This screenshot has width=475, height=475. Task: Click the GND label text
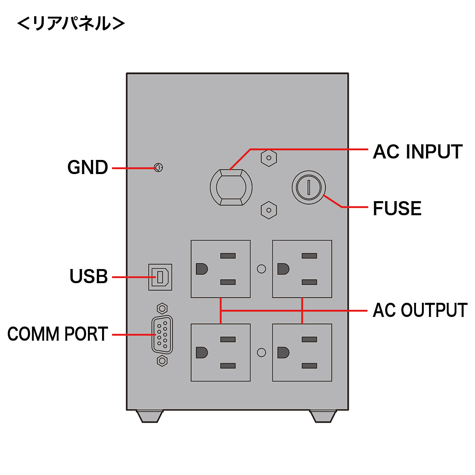(88, 168)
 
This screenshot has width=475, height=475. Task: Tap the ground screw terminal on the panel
(158, 168)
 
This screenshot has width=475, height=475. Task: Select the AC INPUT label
(417, 152)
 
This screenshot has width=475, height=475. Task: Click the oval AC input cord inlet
(231, 187)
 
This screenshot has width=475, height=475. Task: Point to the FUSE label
(397, 209)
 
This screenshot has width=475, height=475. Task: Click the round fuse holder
(309, 187)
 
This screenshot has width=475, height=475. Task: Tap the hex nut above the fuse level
(269, 158)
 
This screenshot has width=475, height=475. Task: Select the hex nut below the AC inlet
(269, 210)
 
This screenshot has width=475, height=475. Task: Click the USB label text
(89, 277)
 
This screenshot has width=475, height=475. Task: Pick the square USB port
(160, 277)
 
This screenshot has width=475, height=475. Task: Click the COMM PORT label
(58, 334)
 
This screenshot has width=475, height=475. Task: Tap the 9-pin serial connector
(162, 335)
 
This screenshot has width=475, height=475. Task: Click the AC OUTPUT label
(420, 310)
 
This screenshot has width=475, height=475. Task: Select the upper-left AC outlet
(220, 269)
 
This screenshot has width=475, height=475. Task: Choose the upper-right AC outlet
(302, 269)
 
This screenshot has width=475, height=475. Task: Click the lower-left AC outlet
(220, 353)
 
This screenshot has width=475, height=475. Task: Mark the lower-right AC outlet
(302, 353)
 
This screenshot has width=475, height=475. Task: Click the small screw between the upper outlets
(261, 269)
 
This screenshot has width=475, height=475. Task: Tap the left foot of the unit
(150, 416)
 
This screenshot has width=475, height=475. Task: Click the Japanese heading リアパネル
(71, 23)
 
